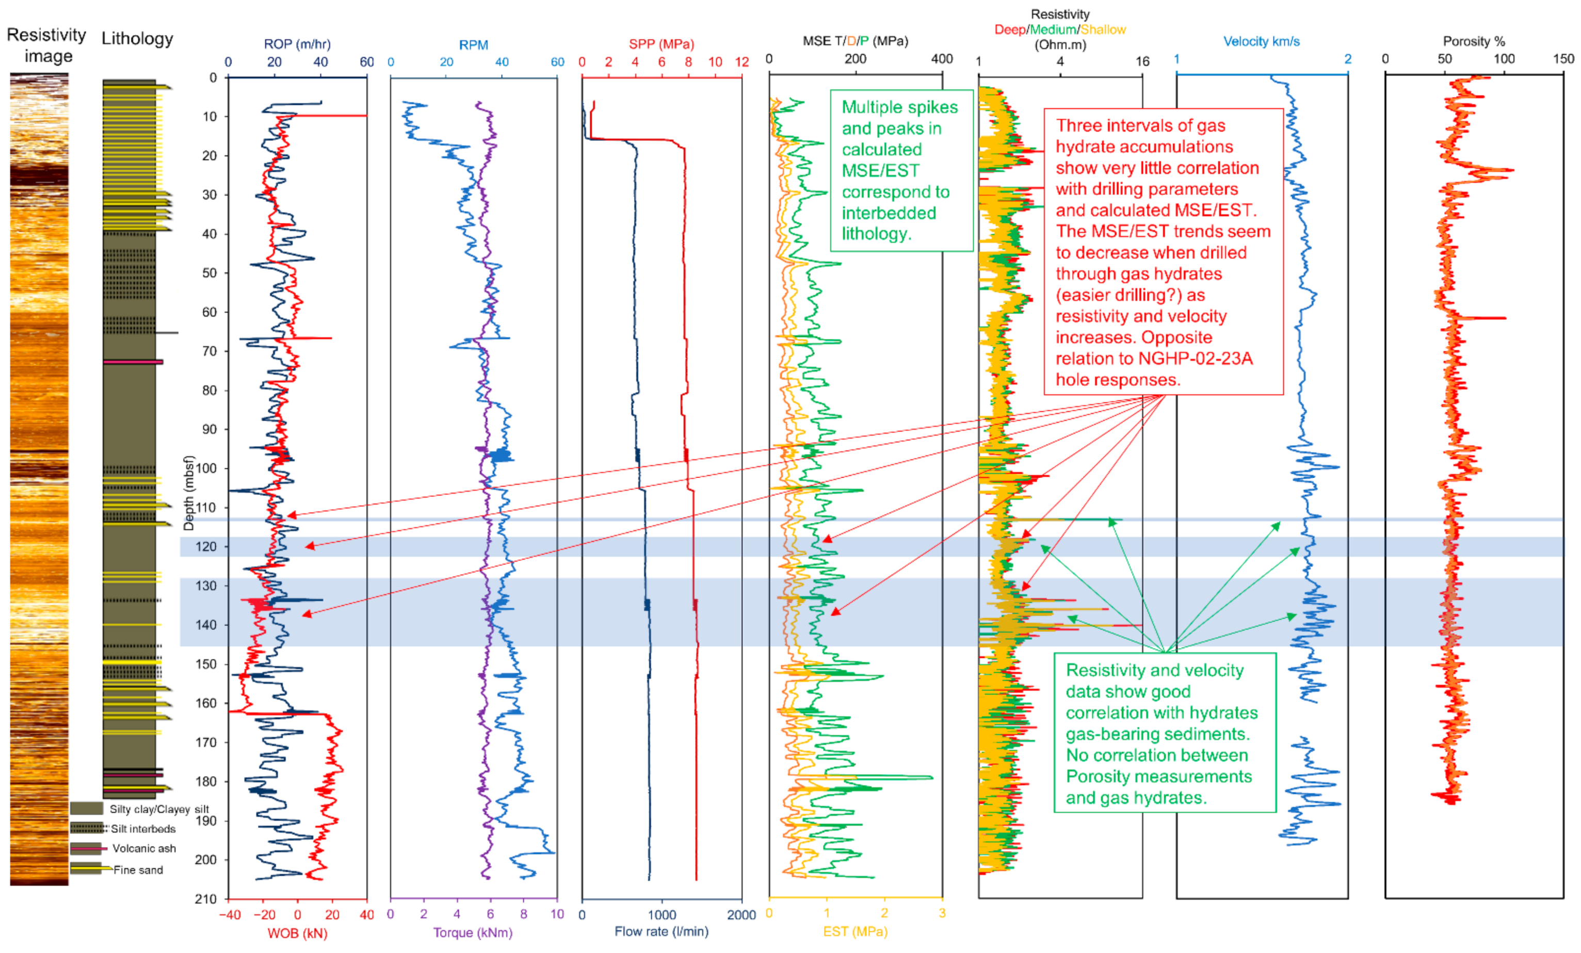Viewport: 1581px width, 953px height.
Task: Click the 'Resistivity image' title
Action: click(x=46, y=45)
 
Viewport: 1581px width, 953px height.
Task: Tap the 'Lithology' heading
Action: click(x=137, y=39)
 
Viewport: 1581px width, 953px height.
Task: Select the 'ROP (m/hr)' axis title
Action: click(x=297, y=44)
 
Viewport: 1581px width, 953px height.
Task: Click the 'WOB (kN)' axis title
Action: click(x=297, y=933)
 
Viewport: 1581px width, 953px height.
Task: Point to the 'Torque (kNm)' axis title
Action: click(x=473, y=932)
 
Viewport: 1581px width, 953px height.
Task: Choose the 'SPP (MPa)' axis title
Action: click(x=661, y=44)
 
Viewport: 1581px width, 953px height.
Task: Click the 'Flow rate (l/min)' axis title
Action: click(x=661, y=931)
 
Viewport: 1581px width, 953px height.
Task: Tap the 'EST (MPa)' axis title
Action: click(x=856, y=931)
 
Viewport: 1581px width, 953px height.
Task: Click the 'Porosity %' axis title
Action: click(x=1474, y=42)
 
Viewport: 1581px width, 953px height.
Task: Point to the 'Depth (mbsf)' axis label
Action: click(x=189, y=493)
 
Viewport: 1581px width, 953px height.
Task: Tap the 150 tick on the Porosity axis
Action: click(x=1563, y=59)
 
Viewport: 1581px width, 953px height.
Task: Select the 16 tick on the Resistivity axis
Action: click(x=1142, y=61)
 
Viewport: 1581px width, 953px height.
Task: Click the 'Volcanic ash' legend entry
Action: click(x=144, y=848)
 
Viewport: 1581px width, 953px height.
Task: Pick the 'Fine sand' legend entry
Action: click(x=138, y=870)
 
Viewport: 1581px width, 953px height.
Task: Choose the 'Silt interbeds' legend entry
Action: click(x=143, y=829)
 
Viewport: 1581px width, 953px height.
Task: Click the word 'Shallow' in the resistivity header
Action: click(x=1103, y=29)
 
